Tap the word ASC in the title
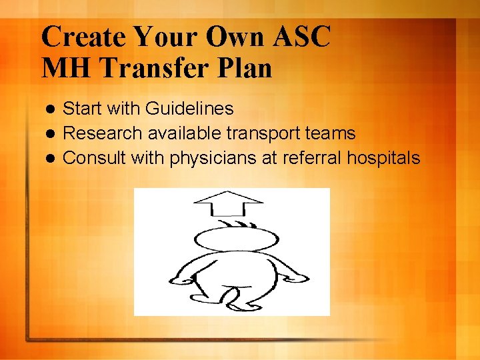(297, 37)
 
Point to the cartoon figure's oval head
(236, 238)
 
